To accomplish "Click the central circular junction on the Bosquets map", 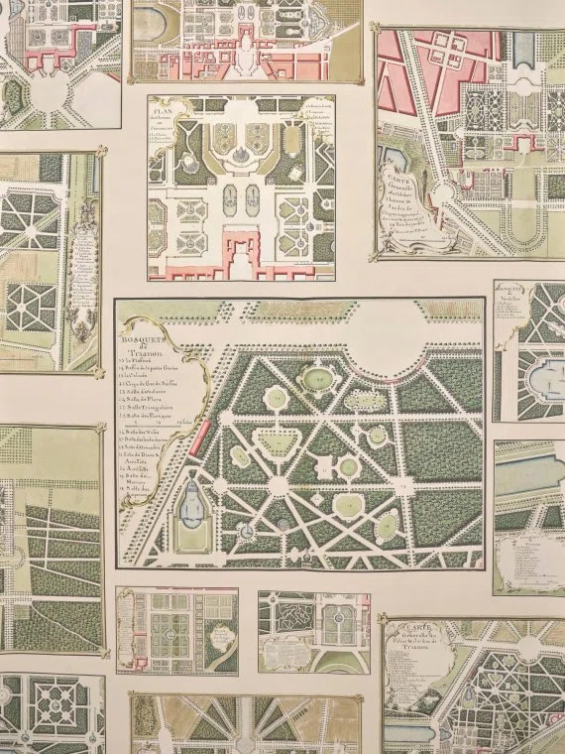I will (279, 484).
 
